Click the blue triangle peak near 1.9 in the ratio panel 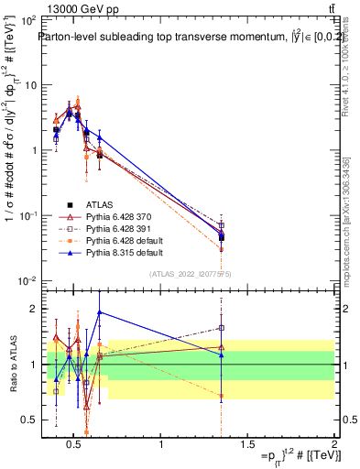pyautogui.click(x=100, y=312)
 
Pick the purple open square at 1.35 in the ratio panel pyautogui.click(x=221, y=328)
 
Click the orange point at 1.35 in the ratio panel pyautogui.click(x=221, y=396)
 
